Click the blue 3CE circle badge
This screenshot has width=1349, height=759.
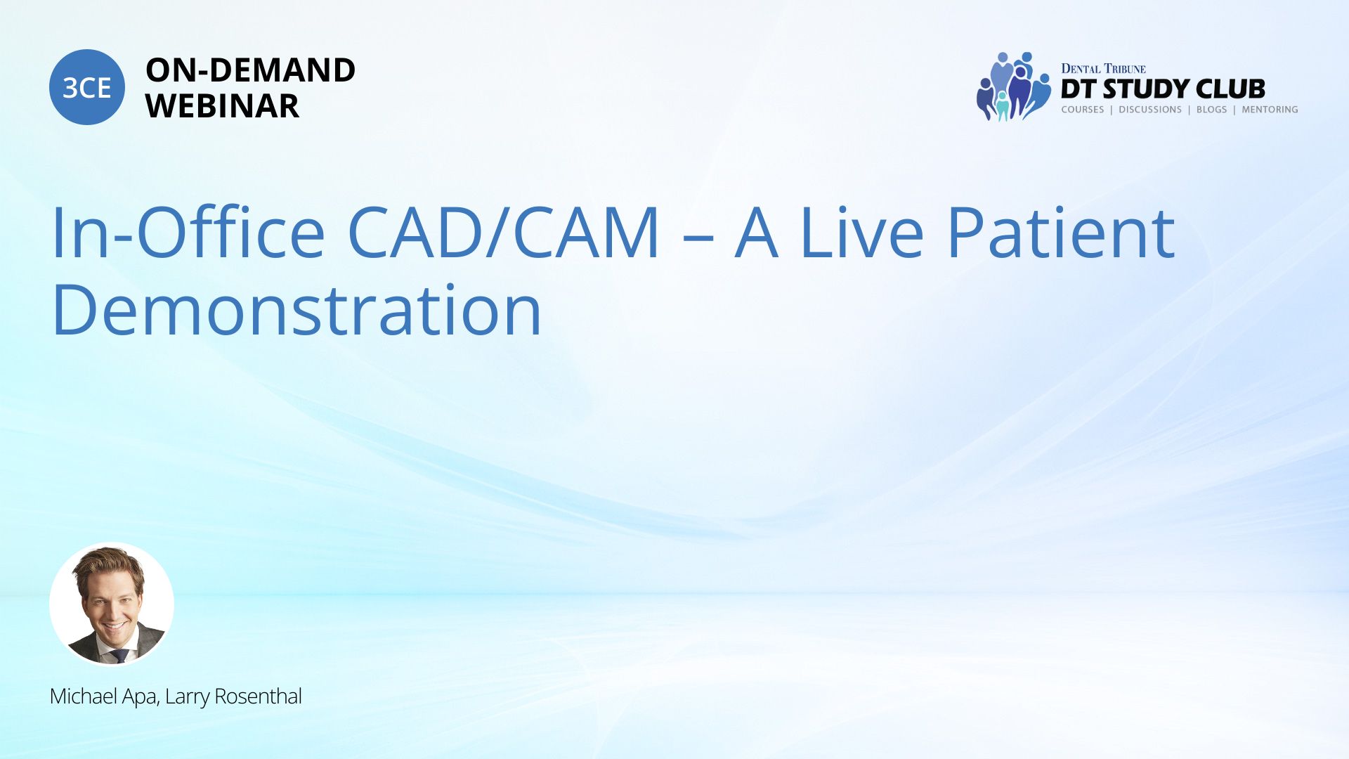tap(87, 87)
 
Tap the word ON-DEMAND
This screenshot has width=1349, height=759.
tap(250, 70)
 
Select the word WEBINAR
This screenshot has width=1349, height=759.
tap(222, 106)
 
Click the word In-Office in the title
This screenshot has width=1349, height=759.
tap(188, 232)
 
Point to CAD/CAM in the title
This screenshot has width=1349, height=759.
tap(504, 232)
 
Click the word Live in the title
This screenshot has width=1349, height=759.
tap(861, 232)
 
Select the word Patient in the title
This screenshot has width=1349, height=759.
tap(1061, 232)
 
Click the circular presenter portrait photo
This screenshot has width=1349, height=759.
tap(112, 604)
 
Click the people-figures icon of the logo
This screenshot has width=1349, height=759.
tap(1013, 86)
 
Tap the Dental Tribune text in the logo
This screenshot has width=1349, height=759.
tap(1103, 68)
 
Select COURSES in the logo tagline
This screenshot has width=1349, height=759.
tap(1083, 110)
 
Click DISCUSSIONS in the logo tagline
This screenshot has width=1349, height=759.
tap(1150, 110)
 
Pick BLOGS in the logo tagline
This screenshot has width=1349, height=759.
tap(1211, 110)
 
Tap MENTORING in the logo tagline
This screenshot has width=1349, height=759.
tap(1270, 110)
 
